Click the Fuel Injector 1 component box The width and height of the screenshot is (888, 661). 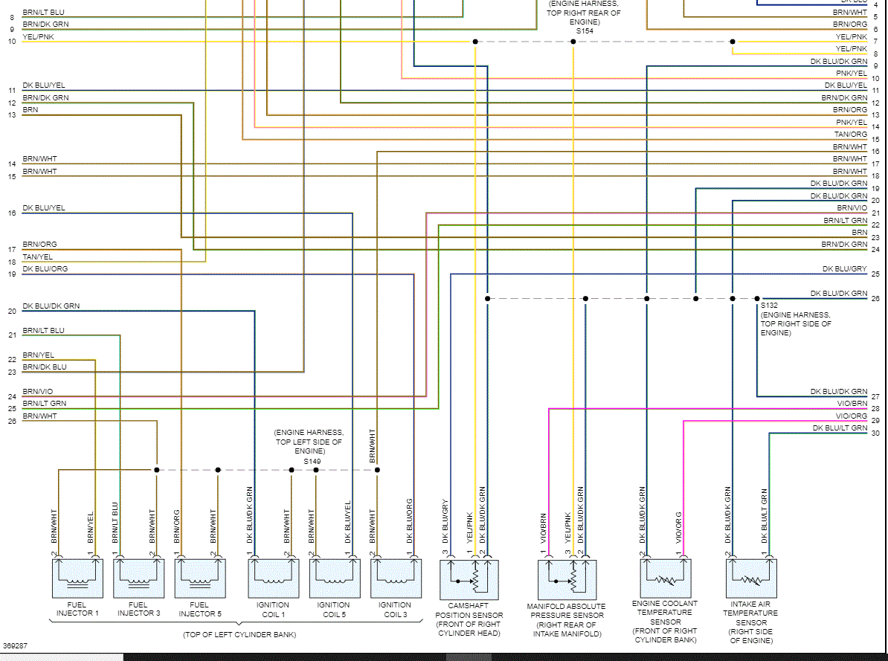pyautogui.click(x=77, y=578)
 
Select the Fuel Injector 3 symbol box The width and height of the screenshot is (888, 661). pyautogui.click(x=138, y=578)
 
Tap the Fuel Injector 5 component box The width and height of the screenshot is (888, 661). pyautogui.click(x=200, y=578)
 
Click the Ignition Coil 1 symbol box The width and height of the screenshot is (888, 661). pyautogui.click(x=272, y=578)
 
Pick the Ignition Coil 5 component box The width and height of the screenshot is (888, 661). pyautogui.click(x=334, y=578)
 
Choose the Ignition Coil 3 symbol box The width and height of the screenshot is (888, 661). pyautogui.click(x=395, y=578)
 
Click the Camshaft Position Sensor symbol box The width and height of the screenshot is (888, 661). pyautogui.click(x=470, y=578)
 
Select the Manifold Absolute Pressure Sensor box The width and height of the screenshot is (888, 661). pyautogui.click(x=567, y=578)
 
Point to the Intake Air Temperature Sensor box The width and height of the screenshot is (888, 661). pyautogui.click(x=751, y=578)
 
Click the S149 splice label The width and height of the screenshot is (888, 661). pyautogui.click(x=310, y=461)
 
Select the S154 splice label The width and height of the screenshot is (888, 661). pyautogui.click(x=584, y=31)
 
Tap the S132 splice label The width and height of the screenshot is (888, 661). pyautogui.click(x=768, y=306)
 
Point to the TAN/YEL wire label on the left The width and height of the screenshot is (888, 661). pyautogui.click(x=37, y=257)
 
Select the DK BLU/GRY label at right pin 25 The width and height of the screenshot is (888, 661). pyautogui.click(x=844, y=268)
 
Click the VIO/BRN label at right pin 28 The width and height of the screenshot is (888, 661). pyautogui.click(x=852, y=404)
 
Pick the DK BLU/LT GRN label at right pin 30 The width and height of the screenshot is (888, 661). pyautogui.click(x=840, y=428)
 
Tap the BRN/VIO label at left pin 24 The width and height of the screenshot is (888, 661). pyautogui.click(x=37, y=391)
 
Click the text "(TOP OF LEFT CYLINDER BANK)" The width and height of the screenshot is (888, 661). pyautogui.click(x=239, y=634)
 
